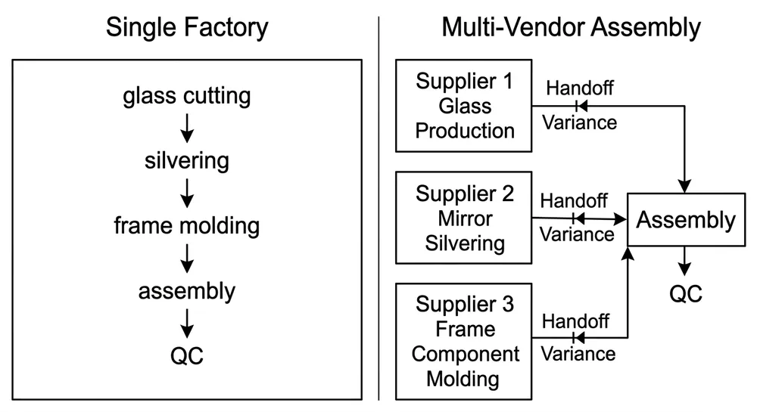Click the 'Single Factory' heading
[x=187, y=28]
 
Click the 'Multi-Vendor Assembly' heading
[x=571, y=28]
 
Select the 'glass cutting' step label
[x=187, y=97]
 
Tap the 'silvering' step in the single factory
[x=187, y=161]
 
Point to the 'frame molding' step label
[x=187, y=225]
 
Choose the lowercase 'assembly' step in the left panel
[x=187, y=290]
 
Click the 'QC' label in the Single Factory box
[x=187, y=355]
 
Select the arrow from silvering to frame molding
[x=187, y=193]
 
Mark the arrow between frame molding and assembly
[x=187, y=258]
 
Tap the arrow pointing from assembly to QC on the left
[x=187, y=323]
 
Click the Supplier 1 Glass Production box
[x=465, y=106]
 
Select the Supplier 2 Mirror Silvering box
[x=465, y=218]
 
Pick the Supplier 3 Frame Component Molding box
[x=465, y=341]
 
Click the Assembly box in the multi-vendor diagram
[x=685, y=220]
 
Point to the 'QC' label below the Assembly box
[x=685, y=293]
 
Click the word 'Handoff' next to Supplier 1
[x=579, y=87]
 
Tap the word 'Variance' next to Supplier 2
[x=576, y=234]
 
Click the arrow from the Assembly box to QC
[x=685, y=261]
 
